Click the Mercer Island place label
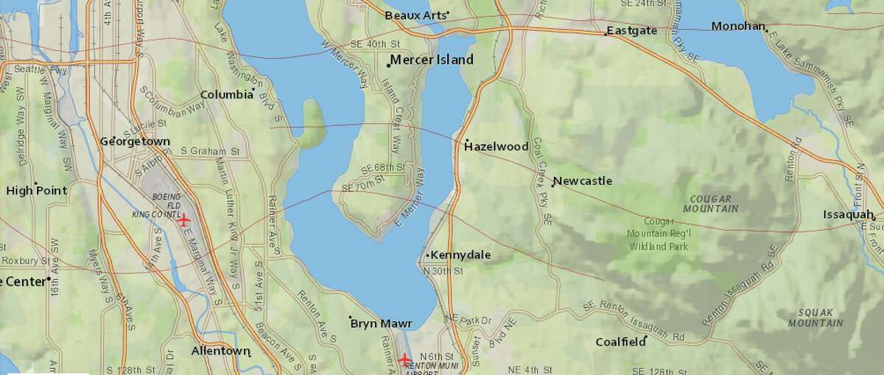click(432, 60)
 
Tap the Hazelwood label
click(497, 147)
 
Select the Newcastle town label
click(583, 181)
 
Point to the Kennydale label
click(460, 255)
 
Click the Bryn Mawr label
click(381, 323)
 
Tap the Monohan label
click(738, 27)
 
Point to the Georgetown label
click(135, 141)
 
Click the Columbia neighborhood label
click(226, 94)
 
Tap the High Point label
click(37, 190)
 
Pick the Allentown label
click(220, 351)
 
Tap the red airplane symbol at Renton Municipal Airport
click(404, 359)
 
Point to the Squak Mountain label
click(815, 318)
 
